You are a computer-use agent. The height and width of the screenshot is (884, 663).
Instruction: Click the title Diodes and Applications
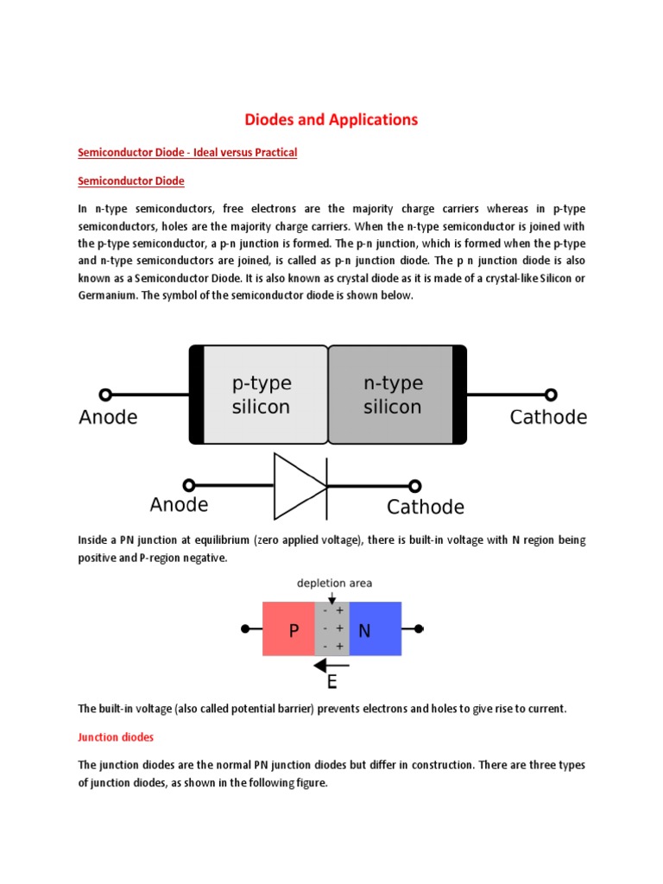pyautogui.click(x=331, y=119)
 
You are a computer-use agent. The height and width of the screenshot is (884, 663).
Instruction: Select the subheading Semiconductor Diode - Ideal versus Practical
pyautogui.click(x=187, y=153)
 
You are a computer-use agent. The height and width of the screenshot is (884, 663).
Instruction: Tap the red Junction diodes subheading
pyautogui.click(x=116, y=737)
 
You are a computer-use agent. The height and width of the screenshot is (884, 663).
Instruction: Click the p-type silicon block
pyautogui.click(x=262, y=395)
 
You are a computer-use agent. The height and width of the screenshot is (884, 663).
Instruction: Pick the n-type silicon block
pyautogui.click(x=392, y=395)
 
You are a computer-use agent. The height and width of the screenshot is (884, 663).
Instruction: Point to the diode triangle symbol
pyautogui.click(x=299, y=485)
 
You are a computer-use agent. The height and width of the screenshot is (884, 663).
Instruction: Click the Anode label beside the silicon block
pyautogui.click(x=108, y=418)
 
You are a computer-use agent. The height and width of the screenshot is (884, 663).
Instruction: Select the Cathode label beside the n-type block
pyautogui.click(x=548, y=418)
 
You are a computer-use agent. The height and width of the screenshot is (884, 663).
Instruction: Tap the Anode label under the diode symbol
pyautogui.click(x=179, y=505)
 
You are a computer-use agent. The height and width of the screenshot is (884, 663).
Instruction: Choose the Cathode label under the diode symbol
pyautogui.click(x=426, y=507)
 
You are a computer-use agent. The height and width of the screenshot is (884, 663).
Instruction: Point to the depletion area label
pyautogui.click(x=335, y=584)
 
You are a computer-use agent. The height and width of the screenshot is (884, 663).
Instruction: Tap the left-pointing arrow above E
pyautogui.click(x=331, y=666)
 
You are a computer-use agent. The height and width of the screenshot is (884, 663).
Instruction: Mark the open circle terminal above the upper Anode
pyautogui.click(x=105, y=395)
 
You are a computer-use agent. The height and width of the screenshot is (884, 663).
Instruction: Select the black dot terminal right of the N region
pyautogui.click(x=420, y=629)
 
